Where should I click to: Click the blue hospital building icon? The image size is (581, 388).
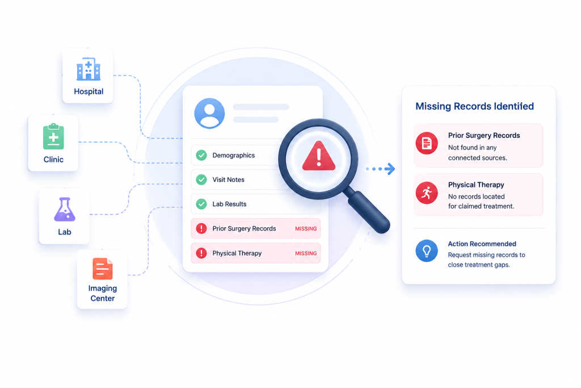(88, 69)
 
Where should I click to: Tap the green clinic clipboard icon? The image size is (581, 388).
(53, 136)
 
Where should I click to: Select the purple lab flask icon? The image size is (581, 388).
(65, 210)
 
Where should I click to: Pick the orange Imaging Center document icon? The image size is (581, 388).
(103, 269)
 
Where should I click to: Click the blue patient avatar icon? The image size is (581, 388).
(209, 113)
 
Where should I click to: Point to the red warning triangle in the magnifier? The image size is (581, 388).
(319, 156)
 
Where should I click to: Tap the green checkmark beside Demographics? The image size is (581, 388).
(201, 155)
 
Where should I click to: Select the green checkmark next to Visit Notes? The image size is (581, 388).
(201, 180)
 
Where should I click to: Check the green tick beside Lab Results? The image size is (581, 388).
(201, 204)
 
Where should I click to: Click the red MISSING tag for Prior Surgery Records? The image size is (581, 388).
(306, 228)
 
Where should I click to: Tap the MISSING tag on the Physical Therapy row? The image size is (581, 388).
(306, 253)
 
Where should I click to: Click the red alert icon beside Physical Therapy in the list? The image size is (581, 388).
(201, 253)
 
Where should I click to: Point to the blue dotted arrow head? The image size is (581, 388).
(390, 169)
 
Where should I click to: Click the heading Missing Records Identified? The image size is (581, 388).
(475, 106)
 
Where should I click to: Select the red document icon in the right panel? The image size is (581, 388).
(427, 143)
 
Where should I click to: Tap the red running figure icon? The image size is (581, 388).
(427, 193)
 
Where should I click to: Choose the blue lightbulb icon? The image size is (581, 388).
(427, 251)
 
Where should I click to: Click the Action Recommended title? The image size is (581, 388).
(482, 244)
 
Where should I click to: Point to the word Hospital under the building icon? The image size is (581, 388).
(89, 91)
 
